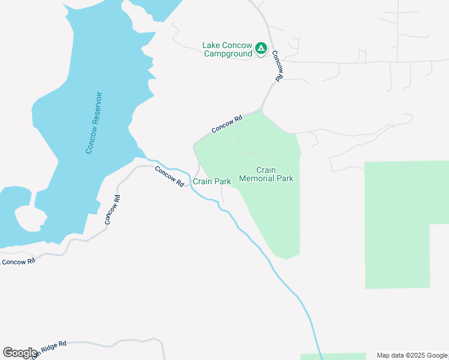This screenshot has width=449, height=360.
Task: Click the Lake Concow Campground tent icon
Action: pyautogui.click(x=261, y=48)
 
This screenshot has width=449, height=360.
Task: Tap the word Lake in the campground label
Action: pyautogui.click(x=212, y=45)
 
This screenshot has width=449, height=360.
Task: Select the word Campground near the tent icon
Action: pyautogui.click(x=228, y=53)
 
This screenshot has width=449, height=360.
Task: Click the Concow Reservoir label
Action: pyautogui.click(x=94, y=122)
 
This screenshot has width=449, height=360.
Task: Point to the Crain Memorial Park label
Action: pyautogui.click(x=266, y=174)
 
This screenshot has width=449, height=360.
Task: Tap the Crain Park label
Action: pyautogui.click(x=212, y=181)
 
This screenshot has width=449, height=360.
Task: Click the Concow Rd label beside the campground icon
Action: pyautogui.click(x=277, y=66)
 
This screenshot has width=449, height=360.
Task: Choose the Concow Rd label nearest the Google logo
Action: pyautogui.click(x=18, y=262)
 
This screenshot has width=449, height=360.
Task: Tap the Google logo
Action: pyautogui.click(x=20, y=353)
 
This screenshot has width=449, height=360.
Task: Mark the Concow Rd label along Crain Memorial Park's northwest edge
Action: pyautogui.click(x=226, y=124)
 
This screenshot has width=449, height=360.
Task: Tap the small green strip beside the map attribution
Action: pyautogui.click(x=333, y=356)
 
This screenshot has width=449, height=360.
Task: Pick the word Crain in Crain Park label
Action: pyautogui.click(x=202, y=181)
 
